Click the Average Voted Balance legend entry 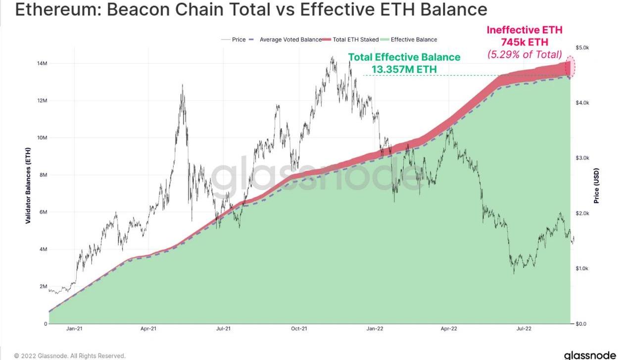tap(290, 40)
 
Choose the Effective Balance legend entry tap(414, 40)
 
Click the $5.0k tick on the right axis tap(582, 48)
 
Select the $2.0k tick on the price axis tap(582, 213)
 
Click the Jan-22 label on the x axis tap(375, 328)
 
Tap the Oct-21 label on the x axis tap(299, 328)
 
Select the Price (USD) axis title tap(596, 185)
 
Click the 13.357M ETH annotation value tap(404, 69)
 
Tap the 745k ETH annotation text tap(524, 42)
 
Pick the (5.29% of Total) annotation tap(525, 54)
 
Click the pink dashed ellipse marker tap(571, 67)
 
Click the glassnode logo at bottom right tap(590, 355)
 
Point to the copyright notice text tap(70, 356)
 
